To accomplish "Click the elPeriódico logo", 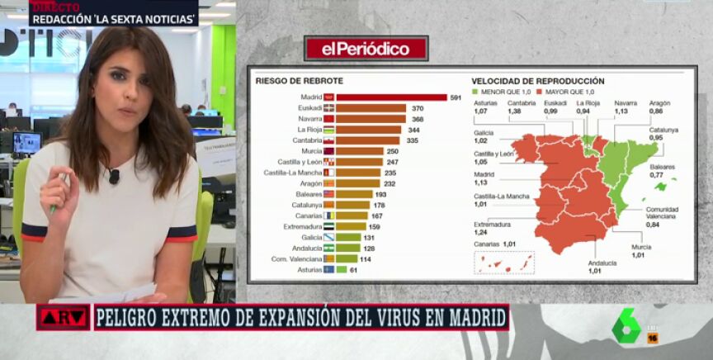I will tap(366, 49).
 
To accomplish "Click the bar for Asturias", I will tap(342, 269).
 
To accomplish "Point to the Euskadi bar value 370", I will tap(418, 108).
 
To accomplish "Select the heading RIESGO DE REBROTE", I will tap(299, 81).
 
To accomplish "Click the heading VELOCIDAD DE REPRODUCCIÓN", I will tap(537, 81).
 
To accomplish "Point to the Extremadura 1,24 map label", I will tap(493, 228).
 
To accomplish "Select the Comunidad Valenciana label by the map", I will tap(662, 217).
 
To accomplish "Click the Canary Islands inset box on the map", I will tap(503, 263).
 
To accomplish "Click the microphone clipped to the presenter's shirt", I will tap(114, 176).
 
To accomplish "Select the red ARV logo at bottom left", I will tap(63, 316).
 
